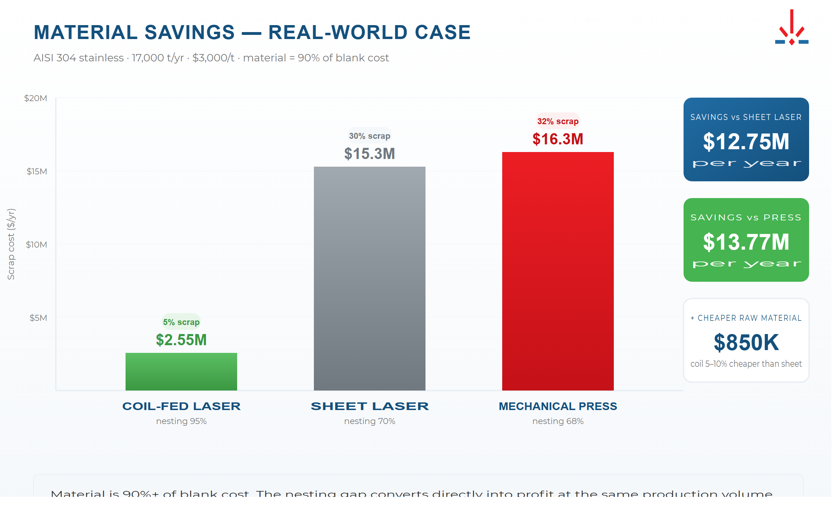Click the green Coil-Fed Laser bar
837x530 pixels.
point(181,371)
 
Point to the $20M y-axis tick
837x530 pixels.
point(36,98)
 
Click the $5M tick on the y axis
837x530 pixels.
point(38,318)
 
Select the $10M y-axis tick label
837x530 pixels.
point(36,244)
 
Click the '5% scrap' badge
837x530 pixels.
point(181,322)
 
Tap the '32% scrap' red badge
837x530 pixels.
point(558,121)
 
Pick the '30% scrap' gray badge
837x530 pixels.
point(369,136)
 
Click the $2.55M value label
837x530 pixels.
point(181,340)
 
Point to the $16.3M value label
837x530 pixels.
point(558,139)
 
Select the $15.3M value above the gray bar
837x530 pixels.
point(369,154)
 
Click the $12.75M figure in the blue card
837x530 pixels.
point(746,142)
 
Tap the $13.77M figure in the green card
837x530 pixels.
point(746,242)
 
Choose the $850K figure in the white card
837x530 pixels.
point(746,342)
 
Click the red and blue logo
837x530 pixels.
point(792,28)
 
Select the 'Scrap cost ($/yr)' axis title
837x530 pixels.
point(11,244)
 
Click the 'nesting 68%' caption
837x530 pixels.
point(558,421)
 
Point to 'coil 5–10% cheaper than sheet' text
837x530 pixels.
point(746,364)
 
